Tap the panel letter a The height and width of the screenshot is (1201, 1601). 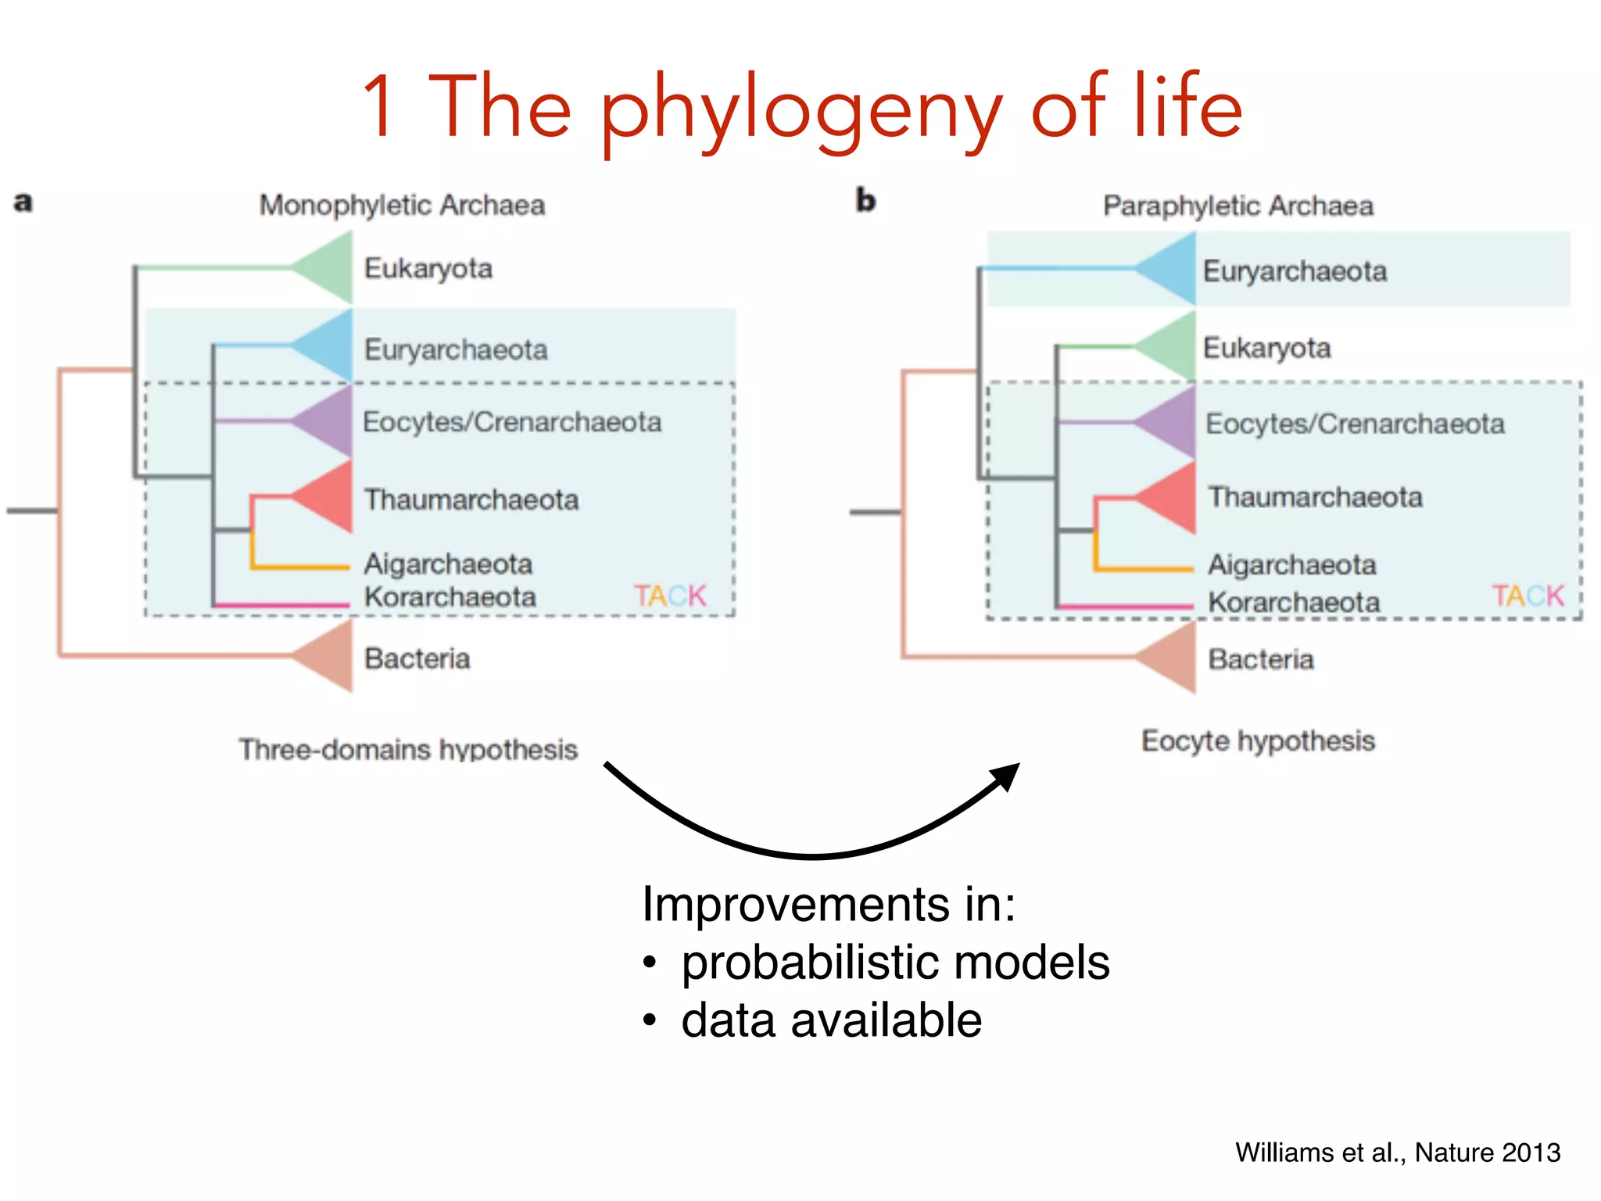tap(23, 202)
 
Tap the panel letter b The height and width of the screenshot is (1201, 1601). tap(865, 200)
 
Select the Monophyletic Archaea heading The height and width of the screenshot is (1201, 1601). tap(402, 205)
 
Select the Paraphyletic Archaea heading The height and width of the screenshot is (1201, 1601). tap(1237, 206)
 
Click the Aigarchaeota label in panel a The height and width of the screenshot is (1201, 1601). tap(448, 564)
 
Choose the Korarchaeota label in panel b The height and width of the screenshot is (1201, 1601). tap(1294, 602)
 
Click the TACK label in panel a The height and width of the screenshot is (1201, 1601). tap(670, 596)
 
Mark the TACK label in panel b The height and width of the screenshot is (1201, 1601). tap(1528, 596)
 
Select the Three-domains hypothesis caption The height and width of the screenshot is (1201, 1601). tap(408, 749)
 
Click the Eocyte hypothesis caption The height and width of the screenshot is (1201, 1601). tap(1257, 740)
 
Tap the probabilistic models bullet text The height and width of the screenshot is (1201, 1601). tap(895, 962)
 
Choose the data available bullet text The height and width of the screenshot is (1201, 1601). tap(831, 1020)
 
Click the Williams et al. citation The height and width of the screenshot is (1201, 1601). tap(1397, 1153)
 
